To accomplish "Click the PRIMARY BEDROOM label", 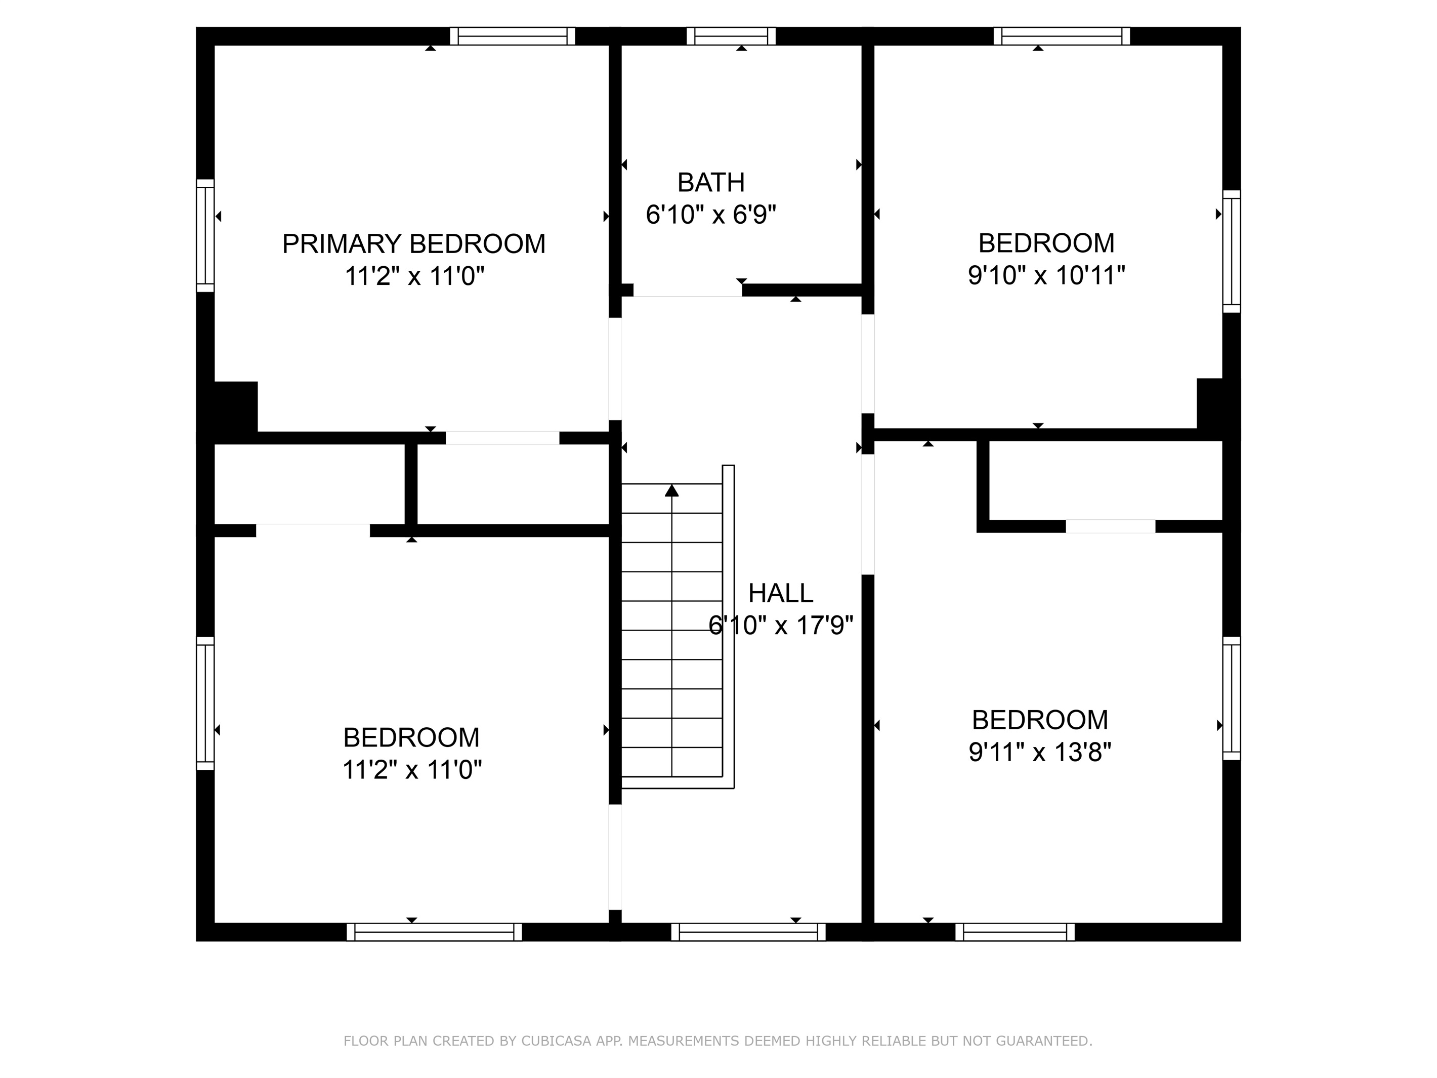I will [413, 243].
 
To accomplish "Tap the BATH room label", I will [711, 183].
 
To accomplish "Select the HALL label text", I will [780, 593].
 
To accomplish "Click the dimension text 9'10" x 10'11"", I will [1046, 275].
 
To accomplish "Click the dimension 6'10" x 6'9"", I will [711, 215].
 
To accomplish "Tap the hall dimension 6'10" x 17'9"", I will [780, 625].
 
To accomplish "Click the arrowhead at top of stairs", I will [672, 490].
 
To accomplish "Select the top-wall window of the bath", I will [731, 36].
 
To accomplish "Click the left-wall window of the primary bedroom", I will [205, 236].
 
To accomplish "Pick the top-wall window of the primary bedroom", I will [513, 36].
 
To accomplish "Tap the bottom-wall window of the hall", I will [748, 932].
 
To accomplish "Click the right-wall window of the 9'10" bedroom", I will [1231, 252].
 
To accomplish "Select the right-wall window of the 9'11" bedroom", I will [1231, 698].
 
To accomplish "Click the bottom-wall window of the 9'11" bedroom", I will [1015, 932].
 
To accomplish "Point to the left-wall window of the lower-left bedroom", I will [205, 703].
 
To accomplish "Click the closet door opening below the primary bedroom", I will [502, 438].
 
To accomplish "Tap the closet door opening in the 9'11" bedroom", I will [1110, 526].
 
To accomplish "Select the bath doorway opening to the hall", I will [687, 291].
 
